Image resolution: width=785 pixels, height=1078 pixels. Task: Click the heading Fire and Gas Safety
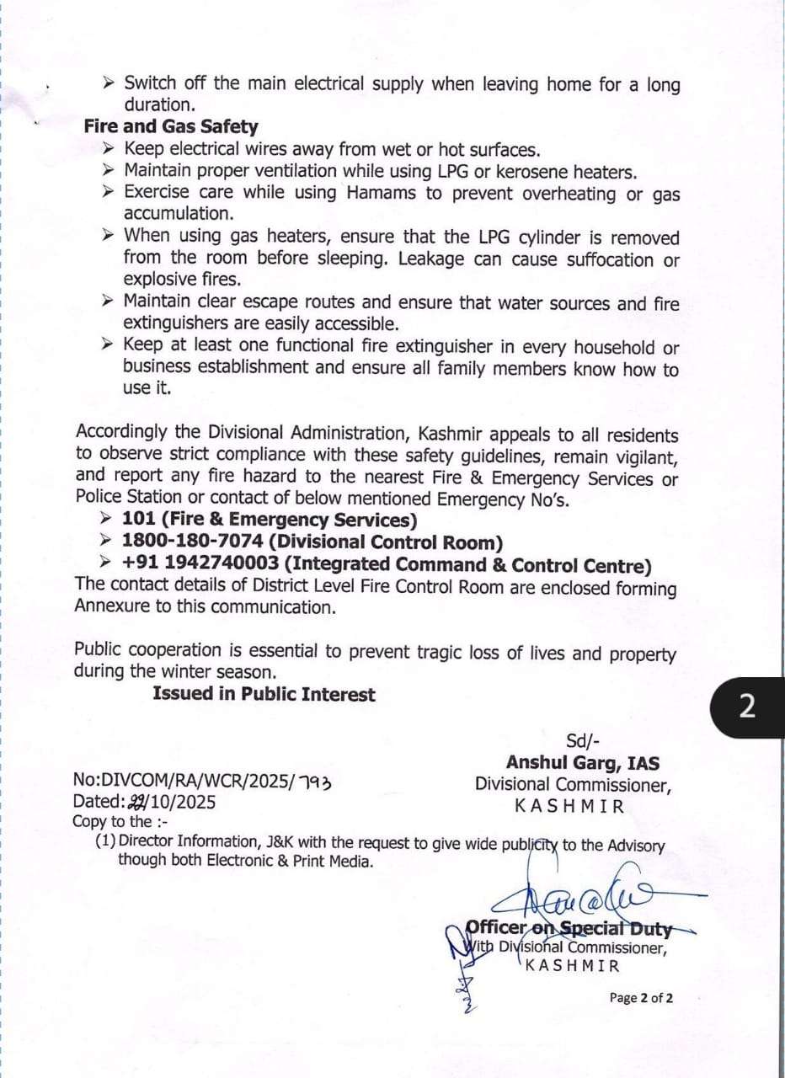point(171,127)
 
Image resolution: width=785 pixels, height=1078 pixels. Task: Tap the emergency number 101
point(138,520)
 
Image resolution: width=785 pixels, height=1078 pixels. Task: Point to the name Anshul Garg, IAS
point(583,763)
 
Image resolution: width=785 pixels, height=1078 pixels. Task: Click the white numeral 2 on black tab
point(746,707)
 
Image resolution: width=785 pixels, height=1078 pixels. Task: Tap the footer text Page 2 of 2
point(641,998)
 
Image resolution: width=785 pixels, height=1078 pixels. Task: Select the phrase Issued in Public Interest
point(264,694)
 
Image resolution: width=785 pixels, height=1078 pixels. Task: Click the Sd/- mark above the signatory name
point(582,741)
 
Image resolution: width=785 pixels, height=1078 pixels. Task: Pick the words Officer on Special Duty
point(569,929)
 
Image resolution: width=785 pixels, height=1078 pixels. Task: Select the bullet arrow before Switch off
point(108,83)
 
